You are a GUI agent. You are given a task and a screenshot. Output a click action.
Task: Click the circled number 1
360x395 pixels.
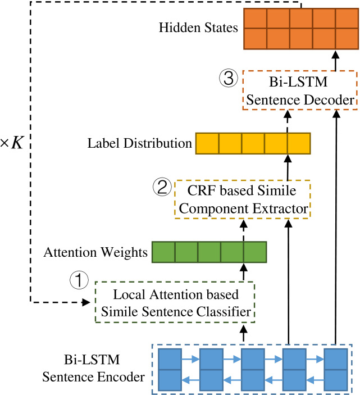(x=79, y=280)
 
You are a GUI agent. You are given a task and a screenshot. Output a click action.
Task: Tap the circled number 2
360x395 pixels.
(x=162, y=187)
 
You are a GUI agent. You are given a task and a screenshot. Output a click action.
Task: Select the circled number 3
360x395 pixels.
(x=229, y=78)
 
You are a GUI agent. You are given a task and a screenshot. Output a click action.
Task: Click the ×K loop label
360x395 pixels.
(x=12, y=143)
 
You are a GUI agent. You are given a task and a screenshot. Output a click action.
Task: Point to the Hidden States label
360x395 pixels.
(x=198, y=28)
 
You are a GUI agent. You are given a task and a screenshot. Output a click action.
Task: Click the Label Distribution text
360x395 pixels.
(x=139, y=143)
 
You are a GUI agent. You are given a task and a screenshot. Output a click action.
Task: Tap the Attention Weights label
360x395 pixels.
(x=95, y=252)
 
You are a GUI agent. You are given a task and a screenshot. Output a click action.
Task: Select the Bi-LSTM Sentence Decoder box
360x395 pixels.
(x=300, y=90)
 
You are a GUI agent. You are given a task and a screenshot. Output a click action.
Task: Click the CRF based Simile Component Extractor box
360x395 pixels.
(x=243, y=199)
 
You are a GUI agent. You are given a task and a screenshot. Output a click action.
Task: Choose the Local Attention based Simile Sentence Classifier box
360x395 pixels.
(x=175, y=302)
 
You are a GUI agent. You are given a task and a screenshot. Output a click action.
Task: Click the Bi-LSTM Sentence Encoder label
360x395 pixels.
(x=93, y=368)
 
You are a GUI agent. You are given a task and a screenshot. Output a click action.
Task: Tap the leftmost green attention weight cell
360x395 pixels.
(x=163, y=252)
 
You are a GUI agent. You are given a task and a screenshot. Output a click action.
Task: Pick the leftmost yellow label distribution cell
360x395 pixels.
(x=207, y=143)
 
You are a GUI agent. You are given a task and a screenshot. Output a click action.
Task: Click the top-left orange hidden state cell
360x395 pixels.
(x=255, y=19)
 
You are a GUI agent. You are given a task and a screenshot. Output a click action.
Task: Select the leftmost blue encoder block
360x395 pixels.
(x=170, y=370)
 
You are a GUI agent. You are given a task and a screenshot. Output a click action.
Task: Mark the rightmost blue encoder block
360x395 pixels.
(x=336, y=370)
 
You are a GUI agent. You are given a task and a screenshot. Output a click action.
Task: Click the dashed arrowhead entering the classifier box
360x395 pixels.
(x=86, y=302)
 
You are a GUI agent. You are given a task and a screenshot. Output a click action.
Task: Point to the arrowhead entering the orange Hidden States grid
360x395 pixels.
(x=335, y=55)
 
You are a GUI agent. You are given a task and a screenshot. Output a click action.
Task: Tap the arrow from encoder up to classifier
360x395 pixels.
(x=243, y=333)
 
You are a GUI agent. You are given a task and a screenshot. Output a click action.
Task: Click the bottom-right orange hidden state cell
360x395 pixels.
(x=347, y=39)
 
